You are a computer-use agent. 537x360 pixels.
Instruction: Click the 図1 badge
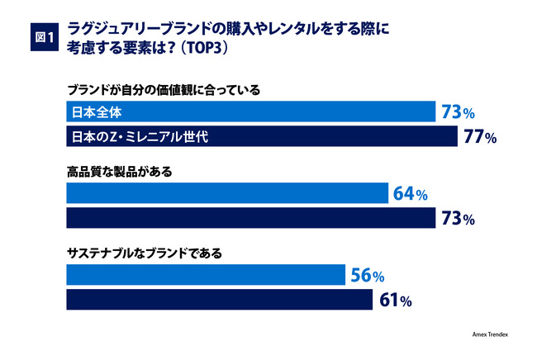coord(41,37)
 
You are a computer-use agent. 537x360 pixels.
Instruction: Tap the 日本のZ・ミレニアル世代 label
coord(137,135)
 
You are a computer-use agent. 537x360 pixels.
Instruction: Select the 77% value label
coord(480,136)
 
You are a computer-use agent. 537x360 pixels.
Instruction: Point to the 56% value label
coord(366,276)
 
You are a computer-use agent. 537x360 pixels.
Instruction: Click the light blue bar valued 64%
coord(226,194)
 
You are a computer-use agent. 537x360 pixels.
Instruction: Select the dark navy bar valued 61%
coord(218,300)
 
